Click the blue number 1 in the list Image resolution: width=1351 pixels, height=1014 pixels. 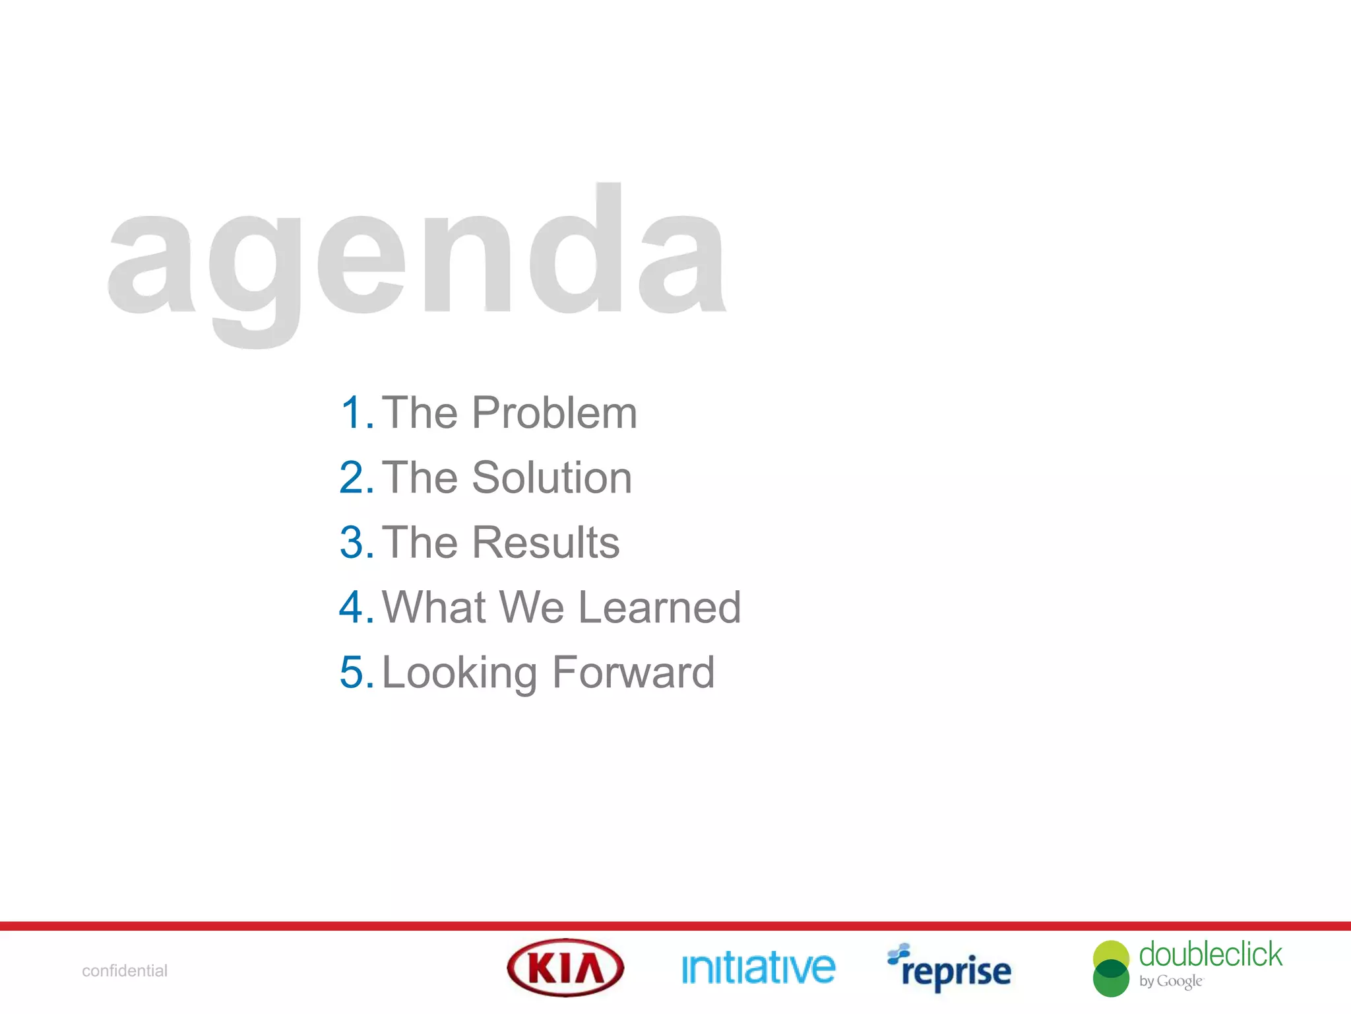tap(354, 413)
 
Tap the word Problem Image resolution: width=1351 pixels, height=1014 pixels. tap(554, 413)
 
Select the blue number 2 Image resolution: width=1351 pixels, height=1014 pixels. tap(355, 477)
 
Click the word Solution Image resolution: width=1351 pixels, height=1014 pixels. tap(551, 477)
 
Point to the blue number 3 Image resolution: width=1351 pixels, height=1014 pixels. tap(355, 542)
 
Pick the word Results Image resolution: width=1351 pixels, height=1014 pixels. tap(546, 542)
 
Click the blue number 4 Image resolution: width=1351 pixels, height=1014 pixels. tap(355, 607)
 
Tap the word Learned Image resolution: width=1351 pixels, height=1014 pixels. tap(660, 607)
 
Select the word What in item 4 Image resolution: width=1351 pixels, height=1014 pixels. tap(435, 607)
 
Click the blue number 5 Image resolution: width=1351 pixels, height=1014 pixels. tap(355, 672)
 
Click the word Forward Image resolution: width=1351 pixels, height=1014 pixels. tap(633, 672)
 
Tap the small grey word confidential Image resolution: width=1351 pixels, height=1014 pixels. tap(125, 970)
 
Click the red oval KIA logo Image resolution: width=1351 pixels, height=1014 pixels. tap(565, 968)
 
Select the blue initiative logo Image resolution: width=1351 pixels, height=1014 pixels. tap(758, 968)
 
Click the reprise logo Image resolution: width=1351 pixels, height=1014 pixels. tap(950, 969)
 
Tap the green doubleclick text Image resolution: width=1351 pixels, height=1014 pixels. tap(1210, 955)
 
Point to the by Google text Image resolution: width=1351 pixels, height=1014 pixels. tap(1170, 981)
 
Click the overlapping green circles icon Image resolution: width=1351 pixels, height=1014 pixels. tap(1111, 968)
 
